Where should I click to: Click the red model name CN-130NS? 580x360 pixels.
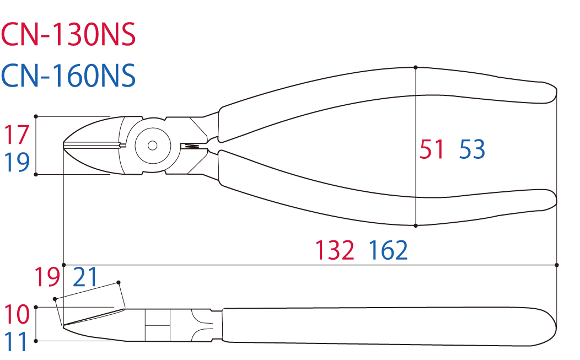68,34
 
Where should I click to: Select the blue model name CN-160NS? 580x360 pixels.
68,76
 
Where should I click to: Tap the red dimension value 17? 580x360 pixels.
17,135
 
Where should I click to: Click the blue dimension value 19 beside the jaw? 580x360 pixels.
17,162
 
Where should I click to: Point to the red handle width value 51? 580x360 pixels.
432,149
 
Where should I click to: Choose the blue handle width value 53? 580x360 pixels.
472,149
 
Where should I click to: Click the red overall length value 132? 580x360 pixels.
335,250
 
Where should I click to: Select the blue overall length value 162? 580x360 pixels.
388,250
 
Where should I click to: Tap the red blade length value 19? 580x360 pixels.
47,277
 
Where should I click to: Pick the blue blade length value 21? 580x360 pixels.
85,277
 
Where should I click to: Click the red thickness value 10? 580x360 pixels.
17,314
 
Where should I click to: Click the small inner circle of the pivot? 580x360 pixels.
152,146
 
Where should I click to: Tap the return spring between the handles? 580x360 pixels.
192,147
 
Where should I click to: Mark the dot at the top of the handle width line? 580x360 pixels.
416,67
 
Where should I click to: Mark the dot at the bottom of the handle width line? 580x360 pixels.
416,225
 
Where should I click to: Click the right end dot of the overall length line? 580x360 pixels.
557,265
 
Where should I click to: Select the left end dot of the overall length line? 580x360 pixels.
64,265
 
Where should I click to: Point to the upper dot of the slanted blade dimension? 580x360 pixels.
119,282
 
